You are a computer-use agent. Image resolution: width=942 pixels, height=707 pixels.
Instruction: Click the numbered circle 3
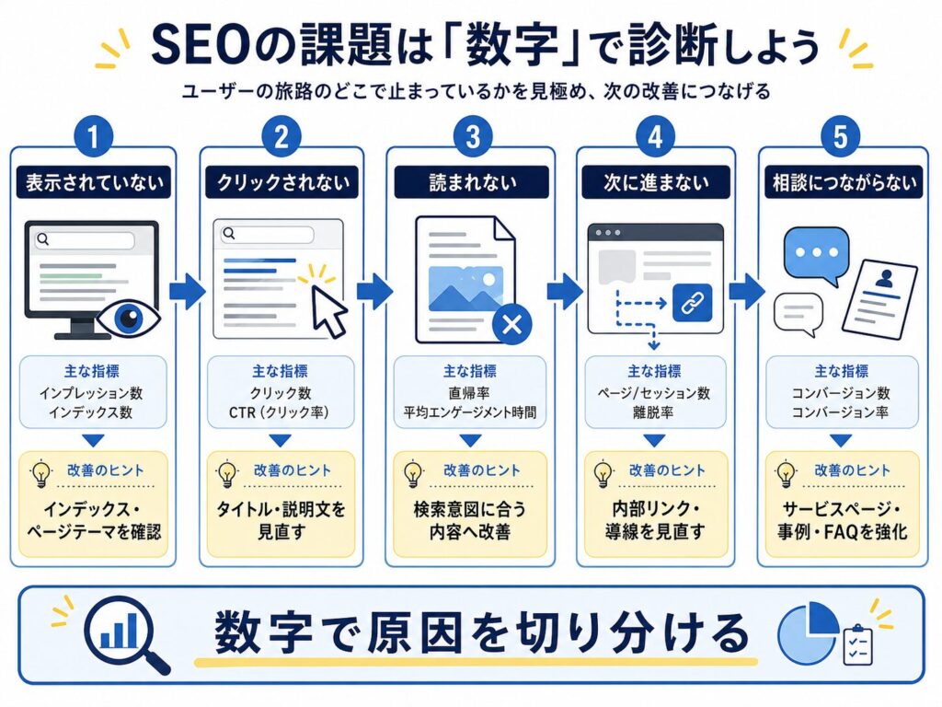click(472, 136)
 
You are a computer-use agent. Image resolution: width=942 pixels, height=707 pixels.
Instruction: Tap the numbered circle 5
click(840, 136)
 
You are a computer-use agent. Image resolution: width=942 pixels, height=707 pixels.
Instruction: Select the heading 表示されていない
click(94, 182)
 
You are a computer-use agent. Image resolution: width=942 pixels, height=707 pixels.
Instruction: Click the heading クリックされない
click(282, 182)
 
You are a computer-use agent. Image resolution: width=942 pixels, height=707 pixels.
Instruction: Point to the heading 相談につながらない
click(844, 182)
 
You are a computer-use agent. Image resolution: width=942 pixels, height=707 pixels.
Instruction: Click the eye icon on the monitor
click(129, 317)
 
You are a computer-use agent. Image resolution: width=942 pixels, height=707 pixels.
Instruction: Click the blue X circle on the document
click(511, 324)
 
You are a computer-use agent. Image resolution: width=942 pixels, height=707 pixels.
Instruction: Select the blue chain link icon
click(693, 302)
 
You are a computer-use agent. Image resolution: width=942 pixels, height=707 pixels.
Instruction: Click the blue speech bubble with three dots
click(816, 255)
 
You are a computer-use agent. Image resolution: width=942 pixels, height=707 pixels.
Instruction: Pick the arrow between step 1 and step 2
click(188, 292)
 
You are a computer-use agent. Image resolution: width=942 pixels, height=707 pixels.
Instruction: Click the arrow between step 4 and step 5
click(747, 292)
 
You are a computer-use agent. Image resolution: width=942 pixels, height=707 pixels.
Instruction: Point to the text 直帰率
click(468, 393)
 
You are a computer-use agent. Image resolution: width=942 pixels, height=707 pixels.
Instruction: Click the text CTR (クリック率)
click(279, 412)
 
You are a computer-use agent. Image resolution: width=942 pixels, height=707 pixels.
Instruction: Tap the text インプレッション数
click(91, 393)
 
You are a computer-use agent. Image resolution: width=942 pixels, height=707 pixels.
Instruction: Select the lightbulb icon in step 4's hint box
click(603, 474)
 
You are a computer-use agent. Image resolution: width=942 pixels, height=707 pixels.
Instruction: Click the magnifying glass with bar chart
click(125, 633)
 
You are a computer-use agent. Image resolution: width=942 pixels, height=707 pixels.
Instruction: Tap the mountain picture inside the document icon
click(466, 288)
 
